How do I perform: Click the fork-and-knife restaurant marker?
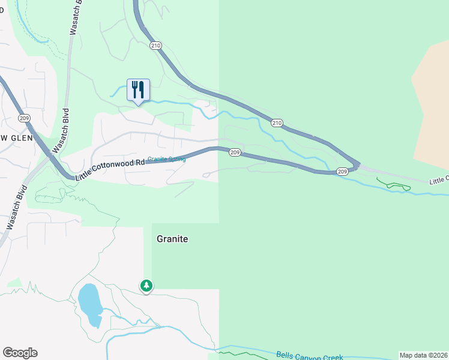(x=139, y=91)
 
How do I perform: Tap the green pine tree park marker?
(x=146, y=286)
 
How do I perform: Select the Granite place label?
(x=172, y=239)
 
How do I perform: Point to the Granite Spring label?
(x=167, y=159)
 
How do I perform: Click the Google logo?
(x=20, y=353)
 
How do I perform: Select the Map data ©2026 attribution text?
(x=423, y=355)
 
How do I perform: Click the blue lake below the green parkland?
(x=89, y=303)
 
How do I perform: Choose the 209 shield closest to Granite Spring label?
(x=235, y=152)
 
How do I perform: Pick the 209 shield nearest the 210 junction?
(x=342, y=172)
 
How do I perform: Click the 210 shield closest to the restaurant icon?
(x=156, y=45)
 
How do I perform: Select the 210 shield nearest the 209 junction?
(x=276, y=123)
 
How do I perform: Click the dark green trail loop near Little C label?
(x=394, y=185)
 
